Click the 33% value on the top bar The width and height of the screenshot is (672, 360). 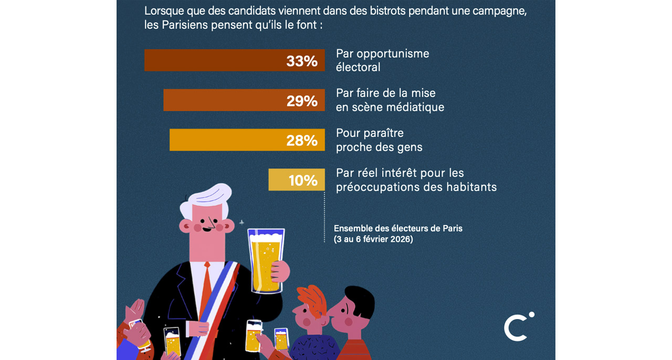pyautogui.click(x=302, y=61)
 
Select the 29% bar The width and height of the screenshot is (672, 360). pyautogui.click(x=244, y=100)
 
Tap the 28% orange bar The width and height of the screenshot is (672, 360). pyautogui.click(x=247, y=140)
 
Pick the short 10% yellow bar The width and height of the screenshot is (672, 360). pyautogui.click(x=296, y=180)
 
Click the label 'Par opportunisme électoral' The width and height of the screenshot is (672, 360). pyautogui.click(x=382, y=60)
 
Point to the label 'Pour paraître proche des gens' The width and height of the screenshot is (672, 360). pyautogui.click(x=379, y=140)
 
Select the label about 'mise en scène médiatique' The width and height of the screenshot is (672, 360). pyautogui.click(x=390, y=100)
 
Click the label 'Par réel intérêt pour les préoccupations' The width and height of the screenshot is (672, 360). pyautogui.click(x=416, y=180)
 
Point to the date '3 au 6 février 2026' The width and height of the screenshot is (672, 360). pyautogui.click(x=373, y=239)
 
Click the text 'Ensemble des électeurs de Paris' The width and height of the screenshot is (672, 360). pyautogui.click(x=398, y=228)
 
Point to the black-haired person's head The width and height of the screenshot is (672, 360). pyautogui.click(x=357, y=304)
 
